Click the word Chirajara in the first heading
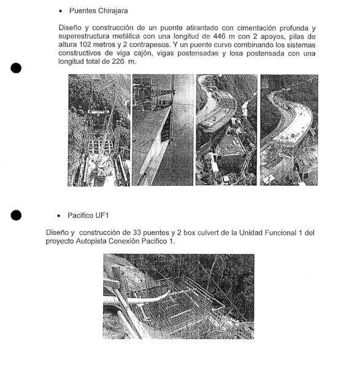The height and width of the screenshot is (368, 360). tap(113, 11)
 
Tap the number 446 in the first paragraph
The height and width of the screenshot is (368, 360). tap(219, 36)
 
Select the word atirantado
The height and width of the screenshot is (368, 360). tap(202, 28)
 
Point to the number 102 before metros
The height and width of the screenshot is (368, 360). tap(85, 45)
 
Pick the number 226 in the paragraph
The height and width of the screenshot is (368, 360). tap(118, 61)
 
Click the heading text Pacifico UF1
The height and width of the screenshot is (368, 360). tap(88, 215)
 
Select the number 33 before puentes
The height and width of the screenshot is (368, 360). tap(137, 232)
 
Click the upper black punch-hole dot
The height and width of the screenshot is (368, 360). tap(16, 68)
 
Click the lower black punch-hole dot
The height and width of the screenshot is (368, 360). tap(16, 215)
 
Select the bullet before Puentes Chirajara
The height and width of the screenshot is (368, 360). tap(61, 11)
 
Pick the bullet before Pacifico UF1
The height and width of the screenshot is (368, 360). tap(59, 216)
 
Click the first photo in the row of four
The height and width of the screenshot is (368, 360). tap(99, 130)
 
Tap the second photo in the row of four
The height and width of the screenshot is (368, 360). tap(163, 130)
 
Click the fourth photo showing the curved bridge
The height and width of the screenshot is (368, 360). tap(289, 130)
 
